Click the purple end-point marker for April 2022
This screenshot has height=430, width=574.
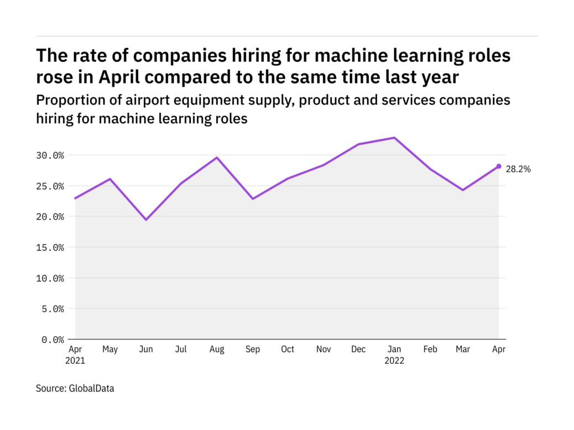(498, 166)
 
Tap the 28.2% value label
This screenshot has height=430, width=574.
(518, 170)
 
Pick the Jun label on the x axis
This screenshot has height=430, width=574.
(146, 349)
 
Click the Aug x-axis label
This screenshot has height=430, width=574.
(217, 349)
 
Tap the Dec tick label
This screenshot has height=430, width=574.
(358, 349)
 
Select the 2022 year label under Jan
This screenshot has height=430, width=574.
(394, 361)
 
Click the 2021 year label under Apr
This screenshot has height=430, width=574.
(75, 361)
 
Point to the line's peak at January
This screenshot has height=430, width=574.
(394, 138)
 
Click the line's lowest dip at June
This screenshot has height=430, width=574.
(146, 220)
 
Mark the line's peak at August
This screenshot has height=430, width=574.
(217, 158)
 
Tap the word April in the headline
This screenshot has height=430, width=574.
(123, 77)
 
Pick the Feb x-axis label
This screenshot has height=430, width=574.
(430, 349)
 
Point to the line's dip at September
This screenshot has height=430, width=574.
(253, 198)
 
